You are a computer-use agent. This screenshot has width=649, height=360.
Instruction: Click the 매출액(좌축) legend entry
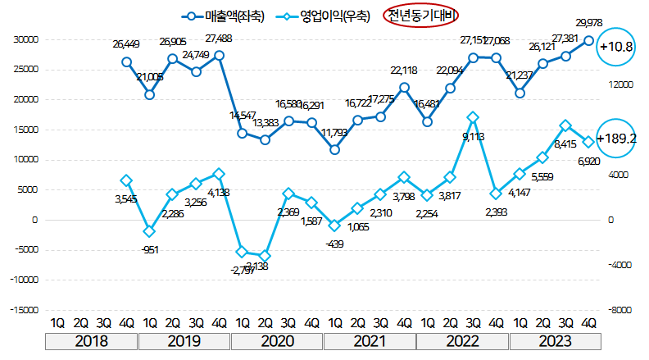(225, 16)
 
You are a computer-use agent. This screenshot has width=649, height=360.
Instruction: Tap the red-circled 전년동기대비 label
(421, 16)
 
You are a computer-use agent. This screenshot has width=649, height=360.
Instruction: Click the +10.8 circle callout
(617, 48)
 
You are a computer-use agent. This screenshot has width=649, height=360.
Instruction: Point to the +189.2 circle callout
(617, 139)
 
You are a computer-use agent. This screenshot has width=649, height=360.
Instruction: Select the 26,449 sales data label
(126, 43)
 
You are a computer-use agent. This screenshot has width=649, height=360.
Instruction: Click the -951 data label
(151, 248)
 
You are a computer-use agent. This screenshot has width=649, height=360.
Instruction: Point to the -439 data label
(334, 244)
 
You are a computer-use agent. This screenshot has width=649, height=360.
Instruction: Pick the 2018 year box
(92, 340)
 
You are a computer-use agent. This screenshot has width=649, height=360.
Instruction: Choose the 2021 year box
(370, 340)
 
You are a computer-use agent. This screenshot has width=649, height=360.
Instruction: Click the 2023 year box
(556, 340)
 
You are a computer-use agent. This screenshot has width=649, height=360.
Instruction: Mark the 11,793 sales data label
(334, 132)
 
